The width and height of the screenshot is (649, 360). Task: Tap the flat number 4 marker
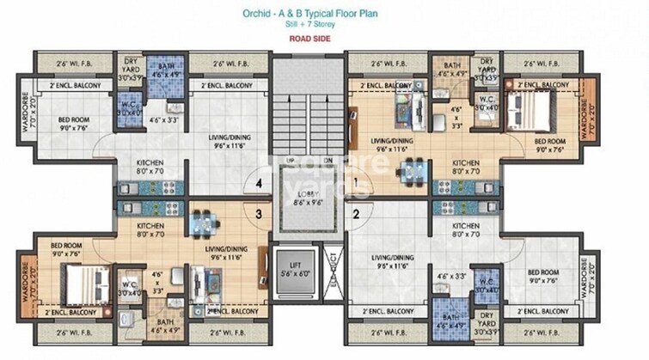[x=257, y=183]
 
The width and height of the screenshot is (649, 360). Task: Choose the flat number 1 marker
[x=356, y=182]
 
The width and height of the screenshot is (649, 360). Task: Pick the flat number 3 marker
[x=257, y=215]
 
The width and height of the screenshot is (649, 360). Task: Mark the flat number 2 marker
[x=356, y=215]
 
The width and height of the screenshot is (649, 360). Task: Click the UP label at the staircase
[x=291, y=161]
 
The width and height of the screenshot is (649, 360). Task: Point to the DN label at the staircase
[x=327, y=161]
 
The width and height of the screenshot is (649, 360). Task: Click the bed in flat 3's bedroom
[x=71, y=279]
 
